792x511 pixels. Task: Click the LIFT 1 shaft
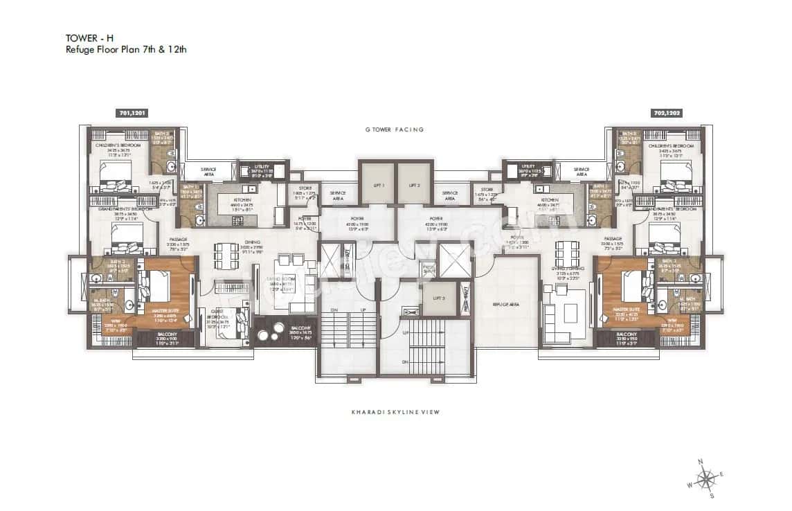(x=377, y=185)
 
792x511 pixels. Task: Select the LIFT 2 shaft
(x=414, y=185)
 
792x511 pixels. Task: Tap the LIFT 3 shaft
(x=438, y=297)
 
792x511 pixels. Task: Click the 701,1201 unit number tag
(x=132, y=112)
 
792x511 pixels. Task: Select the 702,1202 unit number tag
(x=667, y=112)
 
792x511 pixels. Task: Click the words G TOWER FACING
(x=395, y=129)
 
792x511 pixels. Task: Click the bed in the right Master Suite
(x=631, y=284)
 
